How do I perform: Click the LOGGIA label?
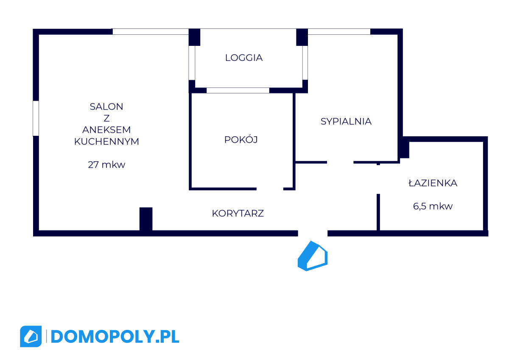[x=244, y=58]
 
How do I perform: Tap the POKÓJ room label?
[x=241, y=140]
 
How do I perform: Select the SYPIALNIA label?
[x=346, y=121]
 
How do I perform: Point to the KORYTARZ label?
[x=238, y=214]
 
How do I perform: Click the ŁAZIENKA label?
[x=433, y=183]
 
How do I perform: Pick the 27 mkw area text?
[x=106, y=165]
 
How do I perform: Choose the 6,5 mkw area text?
[x=433, y=207]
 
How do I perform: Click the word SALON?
[x=106, y=107]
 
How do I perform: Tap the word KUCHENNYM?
[x=106, y=142]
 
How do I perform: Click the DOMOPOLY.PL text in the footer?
[x=115, y=337]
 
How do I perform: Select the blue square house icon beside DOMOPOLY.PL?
[x=31, y=337]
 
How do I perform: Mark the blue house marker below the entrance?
[x=313, y=256]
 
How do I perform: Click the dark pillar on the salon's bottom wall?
[x=146, y=219]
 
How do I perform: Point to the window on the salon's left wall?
[x=36, y=118]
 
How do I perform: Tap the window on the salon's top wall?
[x=150, y=31]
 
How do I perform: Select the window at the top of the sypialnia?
[x=339, y=31]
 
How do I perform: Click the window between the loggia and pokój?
[x=238, y=90]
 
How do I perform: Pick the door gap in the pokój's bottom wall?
[x=270, y=188]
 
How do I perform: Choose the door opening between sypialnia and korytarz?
[x=340, y=162]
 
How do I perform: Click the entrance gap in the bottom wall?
[x=313, y=233]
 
